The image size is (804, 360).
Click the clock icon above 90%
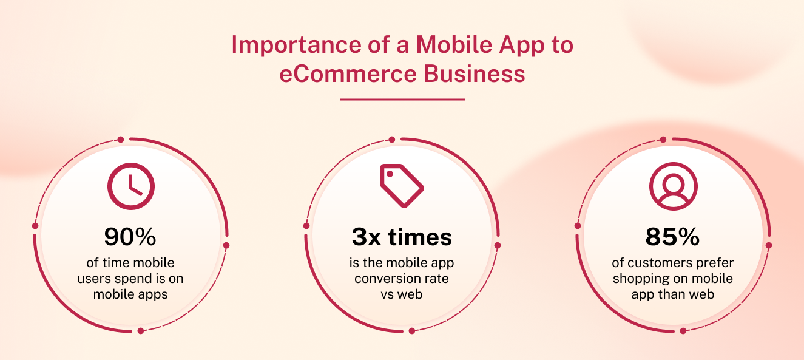(131, 186)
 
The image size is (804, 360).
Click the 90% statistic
(130, 237)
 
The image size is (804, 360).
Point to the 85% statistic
(672, 237)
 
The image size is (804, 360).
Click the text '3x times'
(402, 237)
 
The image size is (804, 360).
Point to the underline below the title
(402, 99)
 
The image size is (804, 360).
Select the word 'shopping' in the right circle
(643, 279)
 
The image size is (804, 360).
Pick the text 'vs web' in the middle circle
(402, 294)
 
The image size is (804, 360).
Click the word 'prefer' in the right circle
(715, 263)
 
